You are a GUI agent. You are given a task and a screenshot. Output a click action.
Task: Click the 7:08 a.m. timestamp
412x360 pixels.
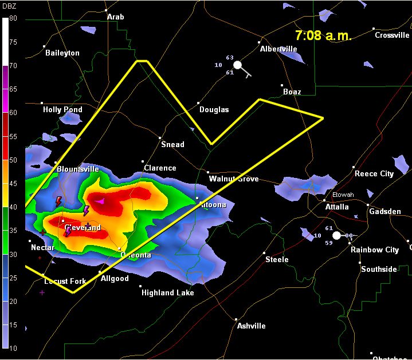click(323, 35)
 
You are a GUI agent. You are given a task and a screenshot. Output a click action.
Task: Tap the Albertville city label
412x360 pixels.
click(278, 49)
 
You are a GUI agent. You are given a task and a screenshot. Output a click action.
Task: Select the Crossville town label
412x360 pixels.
click(392, 35)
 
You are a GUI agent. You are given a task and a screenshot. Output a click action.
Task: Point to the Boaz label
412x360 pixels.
click(292, 92)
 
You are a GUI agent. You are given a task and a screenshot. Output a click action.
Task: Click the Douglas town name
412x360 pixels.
click(214, 110)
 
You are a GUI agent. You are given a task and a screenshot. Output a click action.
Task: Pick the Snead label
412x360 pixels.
click(172, 145)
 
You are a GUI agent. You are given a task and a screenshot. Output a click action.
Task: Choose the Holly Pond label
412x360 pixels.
click(62, 110)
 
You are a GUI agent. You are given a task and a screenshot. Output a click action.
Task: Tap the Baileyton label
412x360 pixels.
click(62, 53)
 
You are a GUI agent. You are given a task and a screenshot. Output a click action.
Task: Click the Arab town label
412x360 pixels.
click(115, 17)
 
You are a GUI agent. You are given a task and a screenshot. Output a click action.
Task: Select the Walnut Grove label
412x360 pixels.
click(234, 179)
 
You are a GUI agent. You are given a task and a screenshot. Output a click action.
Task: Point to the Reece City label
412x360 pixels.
click(374, 174)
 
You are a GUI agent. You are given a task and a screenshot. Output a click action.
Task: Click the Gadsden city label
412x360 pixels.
click(385, 212)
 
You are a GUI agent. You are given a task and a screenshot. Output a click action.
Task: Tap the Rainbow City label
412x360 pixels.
click(375, 250)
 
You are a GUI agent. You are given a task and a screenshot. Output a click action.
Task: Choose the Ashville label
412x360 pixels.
click(252, 326)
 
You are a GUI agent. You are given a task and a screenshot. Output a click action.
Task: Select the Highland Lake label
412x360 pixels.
click(168, 293)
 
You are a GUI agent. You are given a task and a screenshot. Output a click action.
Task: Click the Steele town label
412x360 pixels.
click(277, 260)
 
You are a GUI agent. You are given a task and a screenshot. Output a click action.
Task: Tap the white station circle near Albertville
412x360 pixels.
click(238, 65)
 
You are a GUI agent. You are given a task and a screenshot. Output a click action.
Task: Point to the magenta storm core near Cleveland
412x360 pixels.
click(101, 201)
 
